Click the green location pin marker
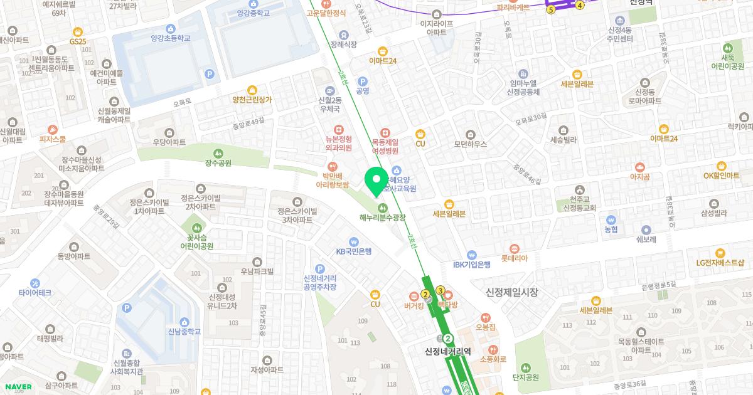pos(376,180)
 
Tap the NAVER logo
pos(18,387)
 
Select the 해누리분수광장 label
pos(382,218)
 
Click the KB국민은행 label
pos(354,251)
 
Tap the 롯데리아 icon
pos(515,248)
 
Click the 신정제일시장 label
pos(512,292)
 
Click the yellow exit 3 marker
pos(441,290)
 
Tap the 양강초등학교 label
pos(170,38)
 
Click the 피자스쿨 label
pos(52,139)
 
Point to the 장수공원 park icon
pos(218,153)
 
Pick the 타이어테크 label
pos(35,293)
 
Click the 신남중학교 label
pos(184,332)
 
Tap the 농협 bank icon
pos(611,220)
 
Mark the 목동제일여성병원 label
pos(385,146)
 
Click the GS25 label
pos(78,41)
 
